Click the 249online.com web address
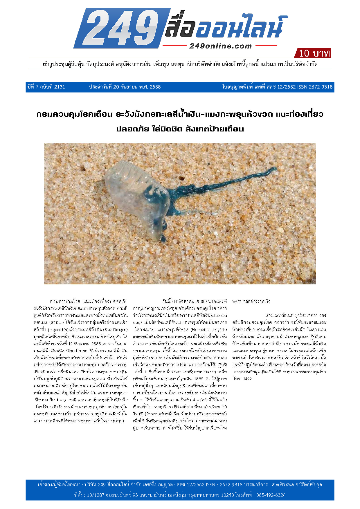(x=220, y=46)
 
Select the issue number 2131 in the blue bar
(x=60, y=87)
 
